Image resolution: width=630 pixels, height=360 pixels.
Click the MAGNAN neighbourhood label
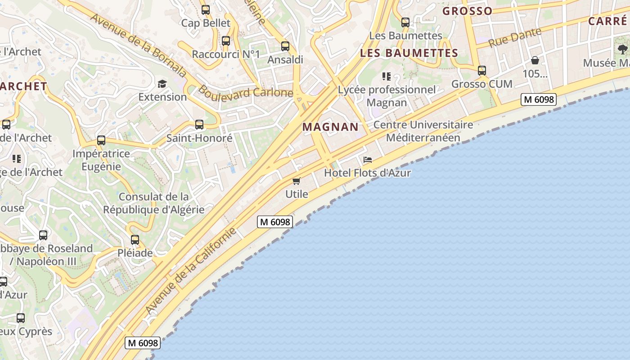(330, 127)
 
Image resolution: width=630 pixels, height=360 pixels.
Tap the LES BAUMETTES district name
(409, 53)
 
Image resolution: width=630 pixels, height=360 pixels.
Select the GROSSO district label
(467, 11)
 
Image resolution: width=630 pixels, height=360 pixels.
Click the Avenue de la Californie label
(191, 271)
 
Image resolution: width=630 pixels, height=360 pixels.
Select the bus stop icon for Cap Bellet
(206, 9)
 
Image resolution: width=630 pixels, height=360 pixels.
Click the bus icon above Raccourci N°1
(226, 41)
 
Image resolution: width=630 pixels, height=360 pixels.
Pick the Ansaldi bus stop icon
(285, 46)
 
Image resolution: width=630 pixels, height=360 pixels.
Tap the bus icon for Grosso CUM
(482, 71)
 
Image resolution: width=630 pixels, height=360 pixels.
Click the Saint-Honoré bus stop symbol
(199, 125)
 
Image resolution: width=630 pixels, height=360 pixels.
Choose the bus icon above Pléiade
(135, 240)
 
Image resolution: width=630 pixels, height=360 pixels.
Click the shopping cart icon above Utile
(297, 181)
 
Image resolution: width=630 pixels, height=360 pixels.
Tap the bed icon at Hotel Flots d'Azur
(368, 160)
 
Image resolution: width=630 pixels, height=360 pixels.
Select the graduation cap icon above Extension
(162, 84)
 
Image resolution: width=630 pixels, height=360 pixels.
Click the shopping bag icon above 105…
(535, 60)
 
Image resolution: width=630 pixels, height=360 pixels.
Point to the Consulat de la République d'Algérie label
(154, 203)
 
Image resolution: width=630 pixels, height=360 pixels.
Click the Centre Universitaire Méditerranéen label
(423, 131)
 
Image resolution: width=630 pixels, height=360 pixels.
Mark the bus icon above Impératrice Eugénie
(101, 140)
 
